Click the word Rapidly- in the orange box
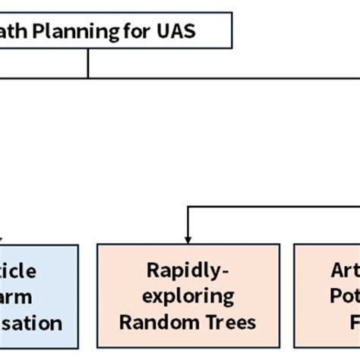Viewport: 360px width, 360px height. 188,271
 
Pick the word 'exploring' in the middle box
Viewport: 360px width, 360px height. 188,295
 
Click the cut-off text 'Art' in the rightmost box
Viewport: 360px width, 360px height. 344,271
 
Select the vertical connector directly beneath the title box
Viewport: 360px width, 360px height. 88,65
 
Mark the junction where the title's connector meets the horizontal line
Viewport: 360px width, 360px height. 88,77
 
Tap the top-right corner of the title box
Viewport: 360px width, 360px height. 232,13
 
